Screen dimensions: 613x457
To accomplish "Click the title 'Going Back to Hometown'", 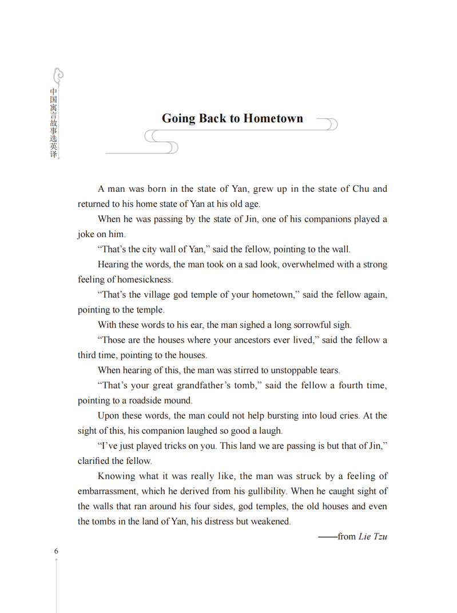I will pyautogui.click(x=232, y=118).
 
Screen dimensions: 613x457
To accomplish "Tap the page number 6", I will pyautogui.click(x=56, y=551).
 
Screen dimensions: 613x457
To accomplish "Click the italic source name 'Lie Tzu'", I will pyautogui.click(x=373, y=536).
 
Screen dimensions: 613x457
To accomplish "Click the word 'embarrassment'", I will pyautogui.click(x=107, y=491).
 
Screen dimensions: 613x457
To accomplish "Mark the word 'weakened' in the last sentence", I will pyautogui.click(x=272, y=521).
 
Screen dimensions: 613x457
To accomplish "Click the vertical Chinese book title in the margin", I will pyautogui.click(x=54, y=122).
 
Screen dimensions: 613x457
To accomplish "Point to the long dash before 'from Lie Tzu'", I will pyautogui.click(x=327, y=536).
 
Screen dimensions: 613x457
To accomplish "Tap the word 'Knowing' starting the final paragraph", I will pyautogui.click(x=117, y=476).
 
